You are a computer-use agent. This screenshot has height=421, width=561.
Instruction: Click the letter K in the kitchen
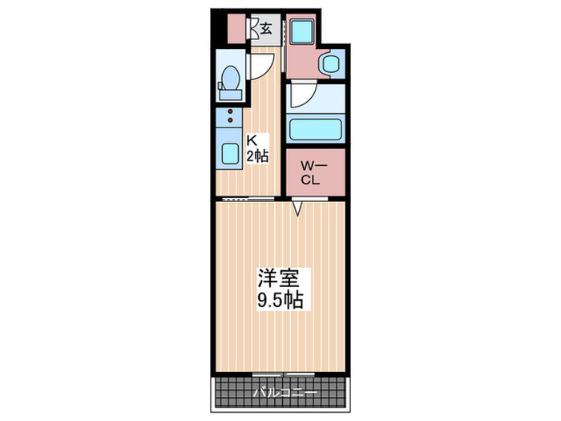tap(250, 139)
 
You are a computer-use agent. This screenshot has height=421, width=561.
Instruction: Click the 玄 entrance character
tap(264, 29)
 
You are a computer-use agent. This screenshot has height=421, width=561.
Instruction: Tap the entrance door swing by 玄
tap(256, 29)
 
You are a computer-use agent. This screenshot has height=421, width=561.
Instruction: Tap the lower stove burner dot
tap(231, 121)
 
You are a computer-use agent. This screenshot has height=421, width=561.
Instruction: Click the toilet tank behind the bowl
tap(221, 81)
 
